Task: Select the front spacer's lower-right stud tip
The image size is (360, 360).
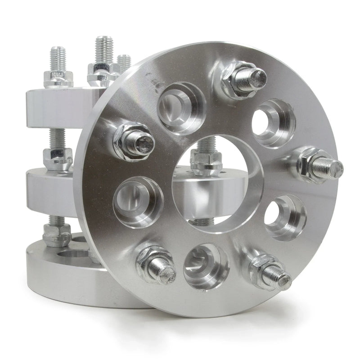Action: (283, 280)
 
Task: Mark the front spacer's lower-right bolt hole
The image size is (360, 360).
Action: (284, 218)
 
